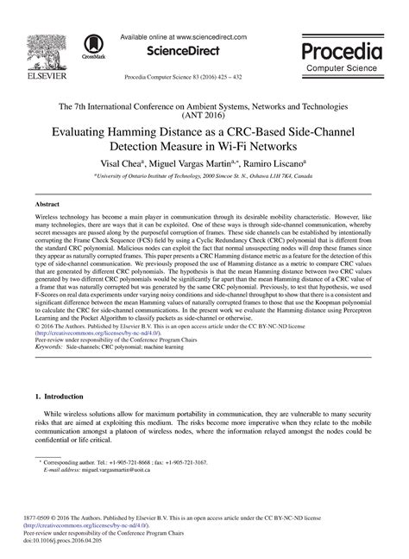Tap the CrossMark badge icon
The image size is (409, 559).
point(91,48)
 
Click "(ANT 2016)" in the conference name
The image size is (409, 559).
point(204,112)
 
